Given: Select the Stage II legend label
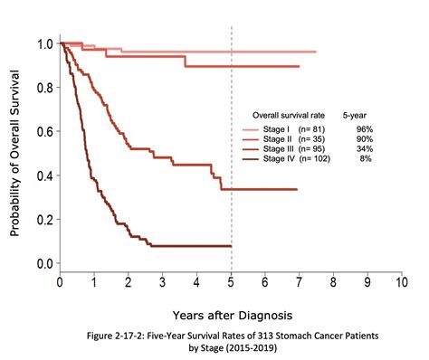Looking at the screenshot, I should [x=275, y=140].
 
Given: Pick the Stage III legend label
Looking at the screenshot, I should [x=276, y=150].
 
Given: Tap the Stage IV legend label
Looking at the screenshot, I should [x=276, y=159].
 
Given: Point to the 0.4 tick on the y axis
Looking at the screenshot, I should [x=42, y=175].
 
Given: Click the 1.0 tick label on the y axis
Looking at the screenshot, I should [x=42, y=43].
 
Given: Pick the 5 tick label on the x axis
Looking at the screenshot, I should [x=232, y=281].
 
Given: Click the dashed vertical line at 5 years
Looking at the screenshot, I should [x=232, y=90].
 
